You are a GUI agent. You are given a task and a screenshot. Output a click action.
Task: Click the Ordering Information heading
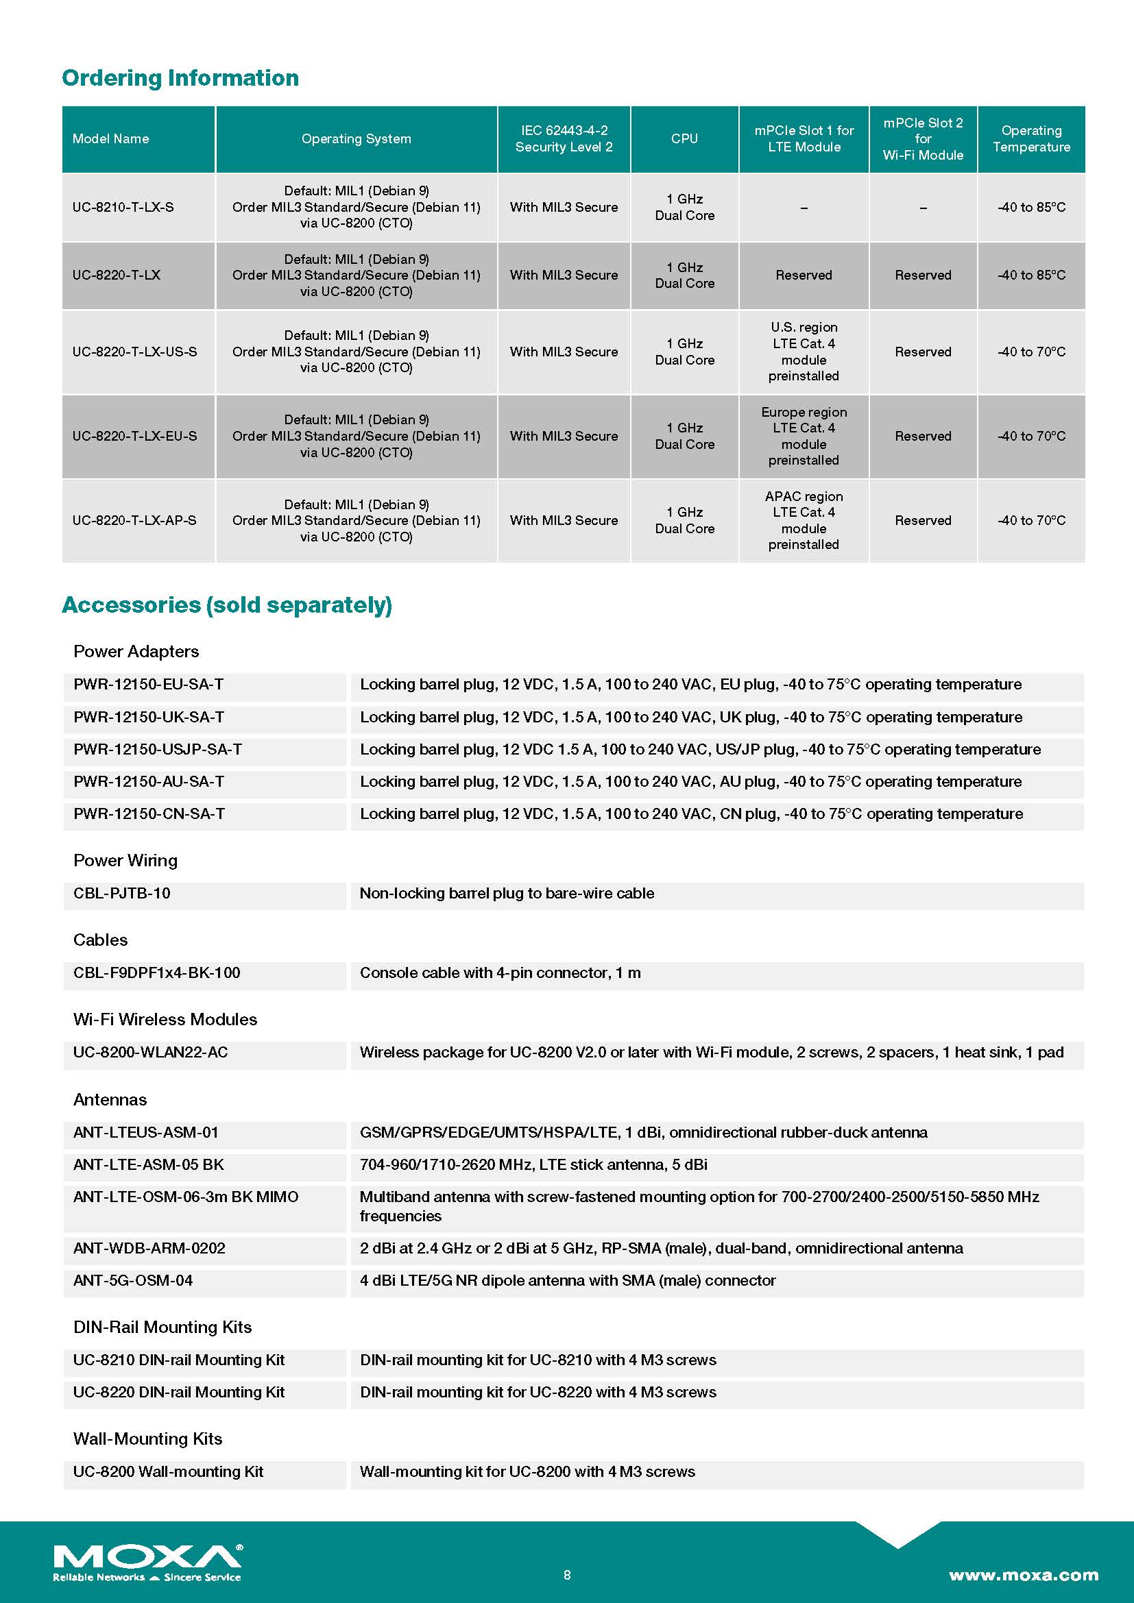(x=180, y=77)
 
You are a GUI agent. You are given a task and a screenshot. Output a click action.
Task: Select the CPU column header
(x=684, y=139)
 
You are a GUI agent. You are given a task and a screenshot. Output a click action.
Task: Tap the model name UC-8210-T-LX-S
(x=123, y=208)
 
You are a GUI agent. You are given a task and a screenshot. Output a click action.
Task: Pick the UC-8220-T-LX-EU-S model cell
(x=135, y=437)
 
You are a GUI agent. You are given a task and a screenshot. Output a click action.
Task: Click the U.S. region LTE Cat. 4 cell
(x=804, y=352)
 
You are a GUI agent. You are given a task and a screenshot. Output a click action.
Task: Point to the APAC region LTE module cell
(x=804, y=520)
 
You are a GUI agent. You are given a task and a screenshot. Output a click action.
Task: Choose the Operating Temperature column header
(x=1031, y=139)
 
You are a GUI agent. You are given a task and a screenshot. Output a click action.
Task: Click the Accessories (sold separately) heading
(x=227, y=604)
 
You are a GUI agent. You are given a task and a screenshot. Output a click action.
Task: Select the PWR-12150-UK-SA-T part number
(x=149, y=717)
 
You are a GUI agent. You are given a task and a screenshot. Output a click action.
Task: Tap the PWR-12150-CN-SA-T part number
(x=149, y=813)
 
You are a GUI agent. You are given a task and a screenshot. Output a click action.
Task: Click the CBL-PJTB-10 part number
(x=121, y=893)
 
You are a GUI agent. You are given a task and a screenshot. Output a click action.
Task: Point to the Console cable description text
(x=500, y=972)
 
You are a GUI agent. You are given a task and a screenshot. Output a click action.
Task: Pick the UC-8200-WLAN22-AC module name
(x=150, y=1052)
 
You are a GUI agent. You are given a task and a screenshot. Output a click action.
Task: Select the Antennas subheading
(x=110, y=1099)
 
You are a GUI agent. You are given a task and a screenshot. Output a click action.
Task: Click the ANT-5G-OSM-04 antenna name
(x=133, y=1280)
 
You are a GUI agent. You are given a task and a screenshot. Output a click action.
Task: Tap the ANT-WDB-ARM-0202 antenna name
(x=149, y=1248)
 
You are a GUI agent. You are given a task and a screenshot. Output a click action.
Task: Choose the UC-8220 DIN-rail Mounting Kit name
(x=179, y=1392)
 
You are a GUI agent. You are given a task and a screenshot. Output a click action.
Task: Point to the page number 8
(x=567, y=1574)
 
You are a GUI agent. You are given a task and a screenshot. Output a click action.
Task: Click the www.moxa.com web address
(x=1023, y=1574)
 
